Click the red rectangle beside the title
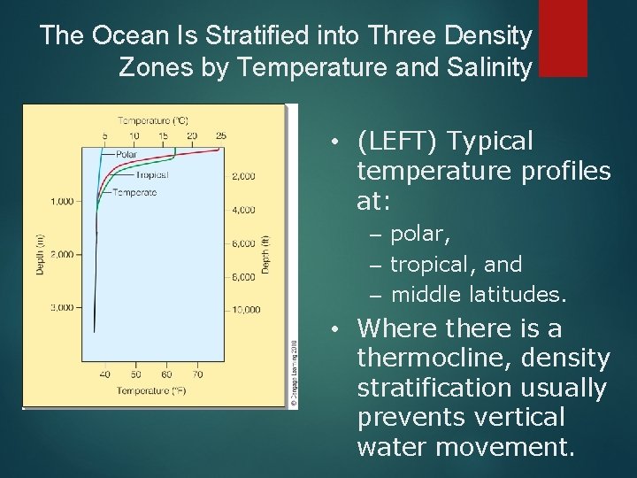[563, 38]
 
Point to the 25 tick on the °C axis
[220, 135]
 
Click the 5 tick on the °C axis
[104, 135]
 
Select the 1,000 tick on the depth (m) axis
[62, 201]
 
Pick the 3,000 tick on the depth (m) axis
[62, 307]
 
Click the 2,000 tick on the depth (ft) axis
[243, 176]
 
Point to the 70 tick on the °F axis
[197, 374]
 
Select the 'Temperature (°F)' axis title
[152, 389]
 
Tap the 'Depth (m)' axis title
[40, 254]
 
